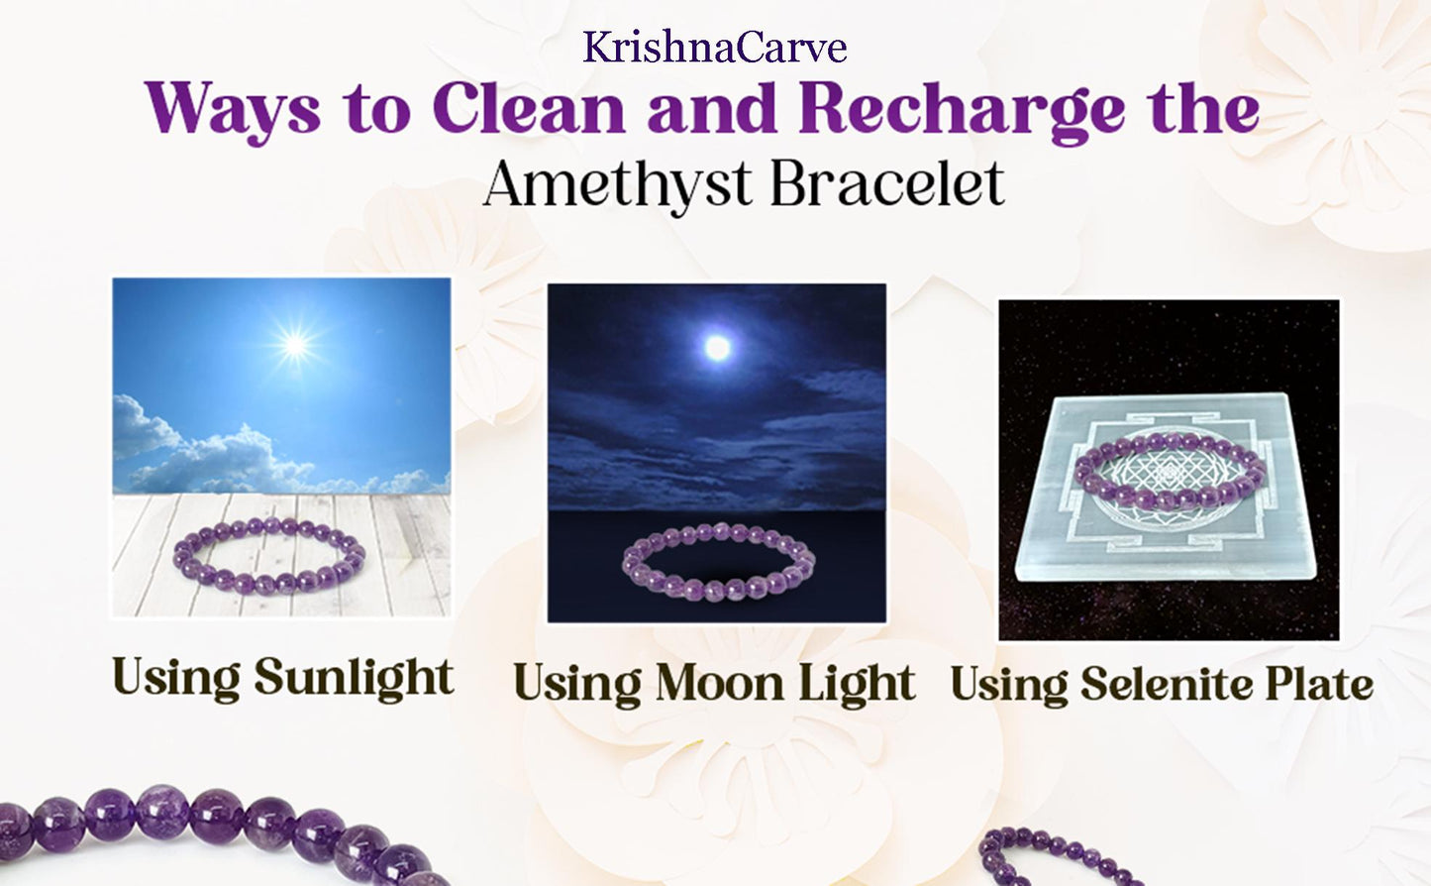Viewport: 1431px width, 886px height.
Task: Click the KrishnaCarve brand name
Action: (714, 48)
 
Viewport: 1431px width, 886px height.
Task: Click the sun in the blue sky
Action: (294, 344)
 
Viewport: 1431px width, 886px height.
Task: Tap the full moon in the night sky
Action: (717, 347)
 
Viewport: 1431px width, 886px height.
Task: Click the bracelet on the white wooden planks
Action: (268, 555)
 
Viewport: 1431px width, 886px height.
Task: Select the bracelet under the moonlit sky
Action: (718, 563)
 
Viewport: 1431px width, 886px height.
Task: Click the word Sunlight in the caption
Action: (354, 678)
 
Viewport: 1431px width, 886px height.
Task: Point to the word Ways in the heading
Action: (234, 109)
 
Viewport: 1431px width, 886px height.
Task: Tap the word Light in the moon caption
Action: (857, 684)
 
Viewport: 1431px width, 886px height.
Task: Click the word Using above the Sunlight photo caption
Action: (175, 678)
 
